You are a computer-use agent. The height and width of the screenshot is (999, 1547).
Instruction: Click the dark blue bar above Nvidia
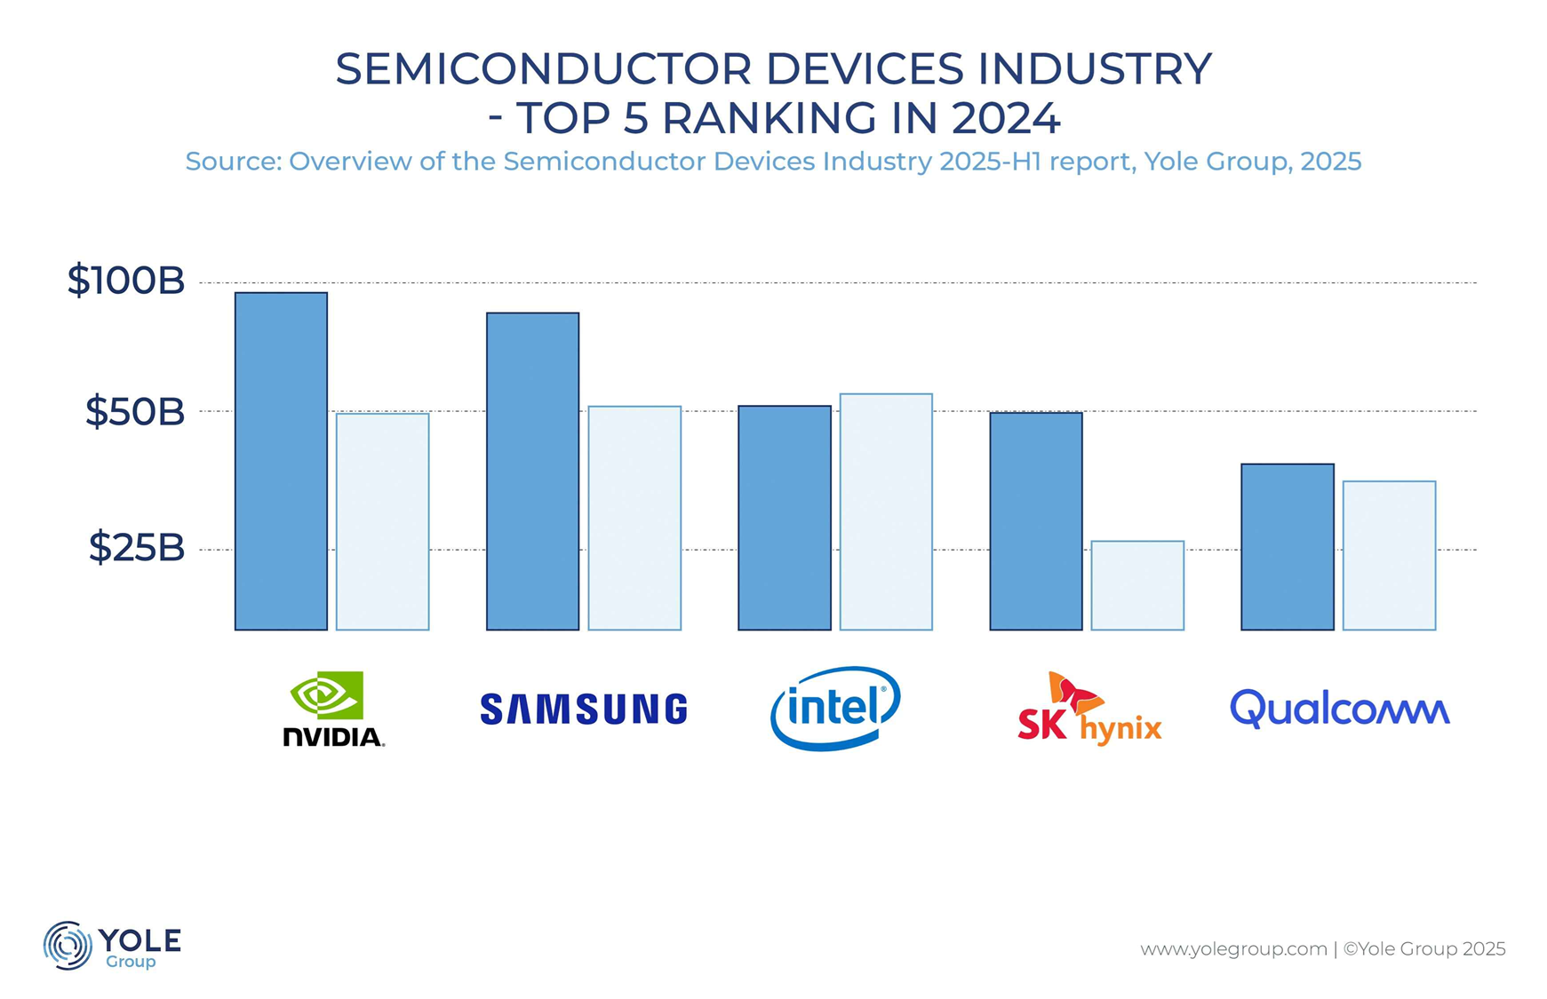click(281, 461)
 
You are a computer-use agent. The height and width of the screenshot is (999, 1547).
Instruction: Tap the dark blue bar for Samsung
click(532, 471)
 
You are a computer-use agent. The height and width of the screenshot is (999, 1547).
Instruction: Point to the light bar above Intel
click(886, 511)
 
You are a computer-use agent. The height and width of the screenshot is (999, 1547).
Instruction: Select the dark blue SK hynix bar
click(1036, 521)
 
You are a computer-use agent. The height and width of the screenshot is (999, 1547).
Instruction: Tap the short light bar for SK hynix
click(1137, 585)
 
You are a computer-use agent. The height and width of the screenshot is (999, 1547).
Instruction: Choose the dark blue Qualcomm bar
click(1288, 547)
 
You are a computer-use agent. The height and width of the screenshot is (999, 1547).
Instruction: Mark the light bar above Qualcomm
click(1389, 555)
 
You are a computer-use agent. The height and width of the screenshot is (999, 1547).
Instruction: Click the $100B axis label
click(126, 281)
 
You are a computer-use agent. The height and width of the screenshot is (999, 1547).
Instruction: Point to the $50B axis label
click(135, 412)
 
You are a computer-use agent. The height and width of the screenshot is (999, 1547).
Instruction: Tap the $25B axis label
click(137, 548)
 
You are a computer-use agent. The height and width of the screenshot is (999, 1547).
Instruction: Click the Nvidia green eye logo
click(327, 694)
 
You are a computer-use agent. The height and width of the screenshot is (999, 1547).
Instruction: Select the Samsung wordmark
click(584, 710)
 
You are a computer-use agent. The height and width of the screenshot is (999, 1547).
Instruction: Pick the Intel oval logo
click(835, 708)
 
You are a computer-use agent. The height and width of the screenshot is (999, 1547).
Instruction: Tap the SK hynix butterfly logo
click(1074, 693)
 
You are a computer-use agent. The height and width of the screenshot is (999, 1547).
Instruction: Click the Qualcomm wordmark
click(1339, 710)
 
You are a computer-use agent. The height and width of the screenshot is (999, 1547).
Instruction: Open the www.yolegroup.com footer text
click(1233, 949)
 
